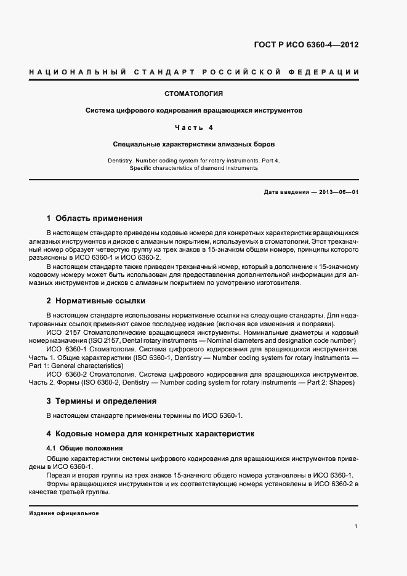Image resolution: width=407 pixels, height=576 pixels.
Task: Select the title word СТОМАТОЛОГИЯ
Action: pyautogui.click(x=193, y=94)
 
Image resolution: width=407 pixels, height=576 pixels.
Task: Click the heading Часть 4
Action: pyautogui.click(x=193, y=127)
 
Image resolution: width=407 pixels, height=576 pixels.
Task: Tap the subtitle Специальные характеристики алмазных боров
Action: pyautogui.click(x=193, y=144)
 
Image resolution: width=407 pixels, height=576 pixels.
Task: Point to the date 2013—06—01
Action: pyautogui.click(x=338, y=192)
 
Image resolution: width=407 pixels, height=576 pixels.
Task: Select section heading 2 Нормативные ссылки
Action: pyautogui.click(x=96, y=301)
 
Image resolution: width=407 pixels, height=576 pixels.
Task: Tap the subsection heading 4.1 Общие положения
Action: pyautogui.click(x=84, y=448)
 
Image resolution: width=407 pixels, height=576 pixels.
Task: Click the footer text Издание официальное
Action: pyautogui.click(x=63, y=513)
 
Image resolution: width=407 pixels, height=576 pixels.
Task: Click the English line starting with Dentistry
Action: pyautogui.click(x=193, y=161)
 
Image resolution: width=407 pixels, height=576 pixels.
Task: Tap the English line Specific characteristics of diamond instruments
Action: pyautogui.click(x=193, y=167)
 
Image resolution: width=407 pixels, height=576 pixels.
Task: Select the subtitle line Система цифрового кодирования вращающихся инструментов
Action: pyautogui.click(x=193, y=111)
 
